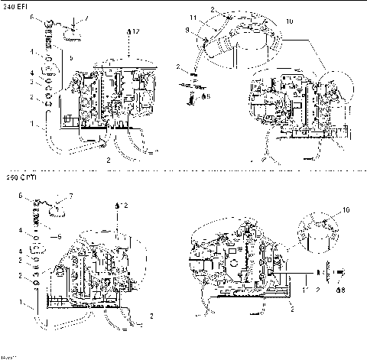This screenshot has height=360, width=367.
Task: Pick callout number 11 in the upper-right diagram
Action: click(193, 16)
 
